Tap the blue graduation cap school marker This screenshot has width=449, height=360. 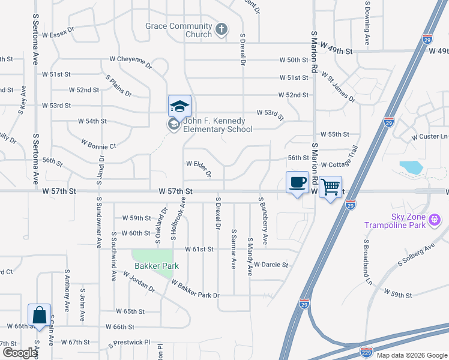tap(179, 106)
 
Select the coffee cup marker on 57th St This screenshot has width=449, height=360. tap(297, 182)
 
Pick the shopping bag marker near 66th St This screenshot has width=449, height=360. tap(39, 314)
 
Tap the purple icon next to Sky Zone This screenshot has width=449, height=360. tap(435, 222)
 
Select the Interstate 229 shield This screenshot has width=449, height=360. tap(367, 352)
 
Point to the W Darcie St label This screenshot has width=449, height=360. tap(271, 265)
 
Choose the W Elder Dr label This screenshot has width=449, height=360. tap(199, 167)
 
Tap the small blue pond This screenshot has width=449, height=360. tap(411, 167)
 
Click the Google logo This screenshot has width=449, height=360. tap(20, 353)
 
